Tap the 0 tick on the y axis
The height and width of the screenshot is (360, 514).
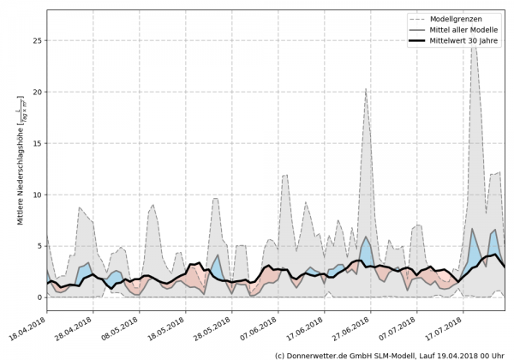(x=39, y=297)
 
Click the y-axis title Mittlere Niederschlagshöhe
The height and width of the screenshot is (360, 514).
(x=20, y=163)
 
